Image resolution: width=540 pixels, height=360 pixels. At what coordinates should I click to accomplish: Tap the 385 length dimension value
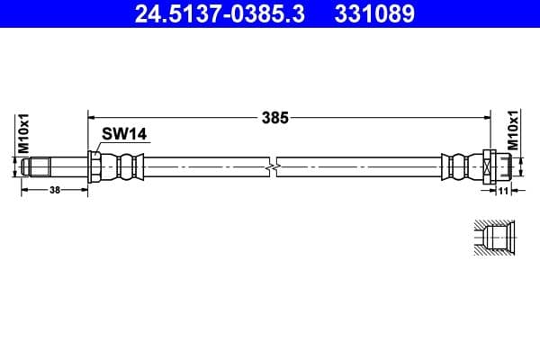pyautogui.click(x=275, y=117)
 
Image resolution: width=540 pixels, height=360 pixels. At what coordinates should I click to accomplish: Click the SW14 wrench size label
pyautogui.click(x=123, y=134)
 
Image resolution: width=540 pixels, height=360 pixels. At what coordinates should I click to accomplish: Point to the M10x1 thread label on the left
pyautogui.click(x=25, y=132)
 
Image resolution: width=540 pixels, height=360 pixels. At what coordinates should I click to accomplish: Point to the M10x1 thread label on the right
pyautogui.click(x=514, y=130)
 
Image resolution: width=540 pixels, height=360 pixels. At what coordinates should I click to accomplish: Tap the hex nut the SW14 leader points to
pyautogui.click(x=94, y=166)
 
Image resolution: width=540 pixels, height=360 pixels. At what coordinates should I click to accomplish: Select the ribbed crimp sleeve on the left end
pyautogui.click(x=122, y=166)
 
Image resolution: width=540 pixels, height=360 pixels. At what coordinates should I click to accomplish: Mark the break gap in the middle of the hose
pyautogui.click(x=274, y=166)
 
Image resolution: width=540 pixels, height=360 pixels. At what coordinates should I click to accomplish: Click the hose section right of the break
pyautogui.click(x=360, y=166)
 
